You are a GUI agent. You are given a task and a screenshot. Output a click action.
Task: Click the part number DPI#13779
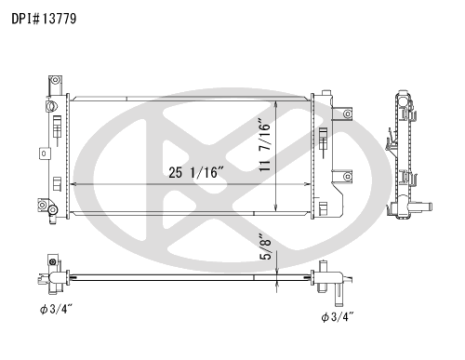pyautogui.click(x=44, y=19)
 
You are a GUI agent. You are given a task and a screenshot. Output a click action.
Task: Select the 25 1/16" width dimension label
pyautogui.click(x=196, y=172)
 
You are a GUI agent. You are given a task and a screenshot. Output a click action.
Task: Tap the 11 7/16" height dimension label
pyautogui.click(x=265, y=145)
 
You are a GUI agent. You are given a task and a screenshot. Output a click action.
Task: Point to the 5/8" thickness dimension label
pyautogui.click(x=266, y=247)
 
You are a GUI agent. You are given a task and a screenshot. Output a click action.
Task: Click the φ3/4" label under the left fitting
pyautogui.click(x=56, y=309)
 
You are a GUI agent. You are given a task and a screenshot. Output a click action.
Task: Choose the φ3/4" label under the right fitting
pyautogui.click(x=338, y=317)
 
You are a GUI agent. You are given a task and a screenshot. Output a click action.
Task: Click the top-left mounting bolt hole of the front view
pyautogui.click(x=55, y=80)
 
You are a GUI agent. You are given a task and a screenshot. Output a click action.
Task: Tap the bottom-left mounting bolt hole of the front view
pyautogui.click(x=42, y=205)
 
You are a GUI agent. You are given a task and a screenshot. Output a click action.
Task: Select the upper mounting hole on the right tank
pyautogui.click(x=348, y=114)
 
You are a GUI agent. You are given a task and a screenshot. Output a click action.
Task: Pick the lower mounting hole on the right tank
pyautogui.click(x=348, y=177)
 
